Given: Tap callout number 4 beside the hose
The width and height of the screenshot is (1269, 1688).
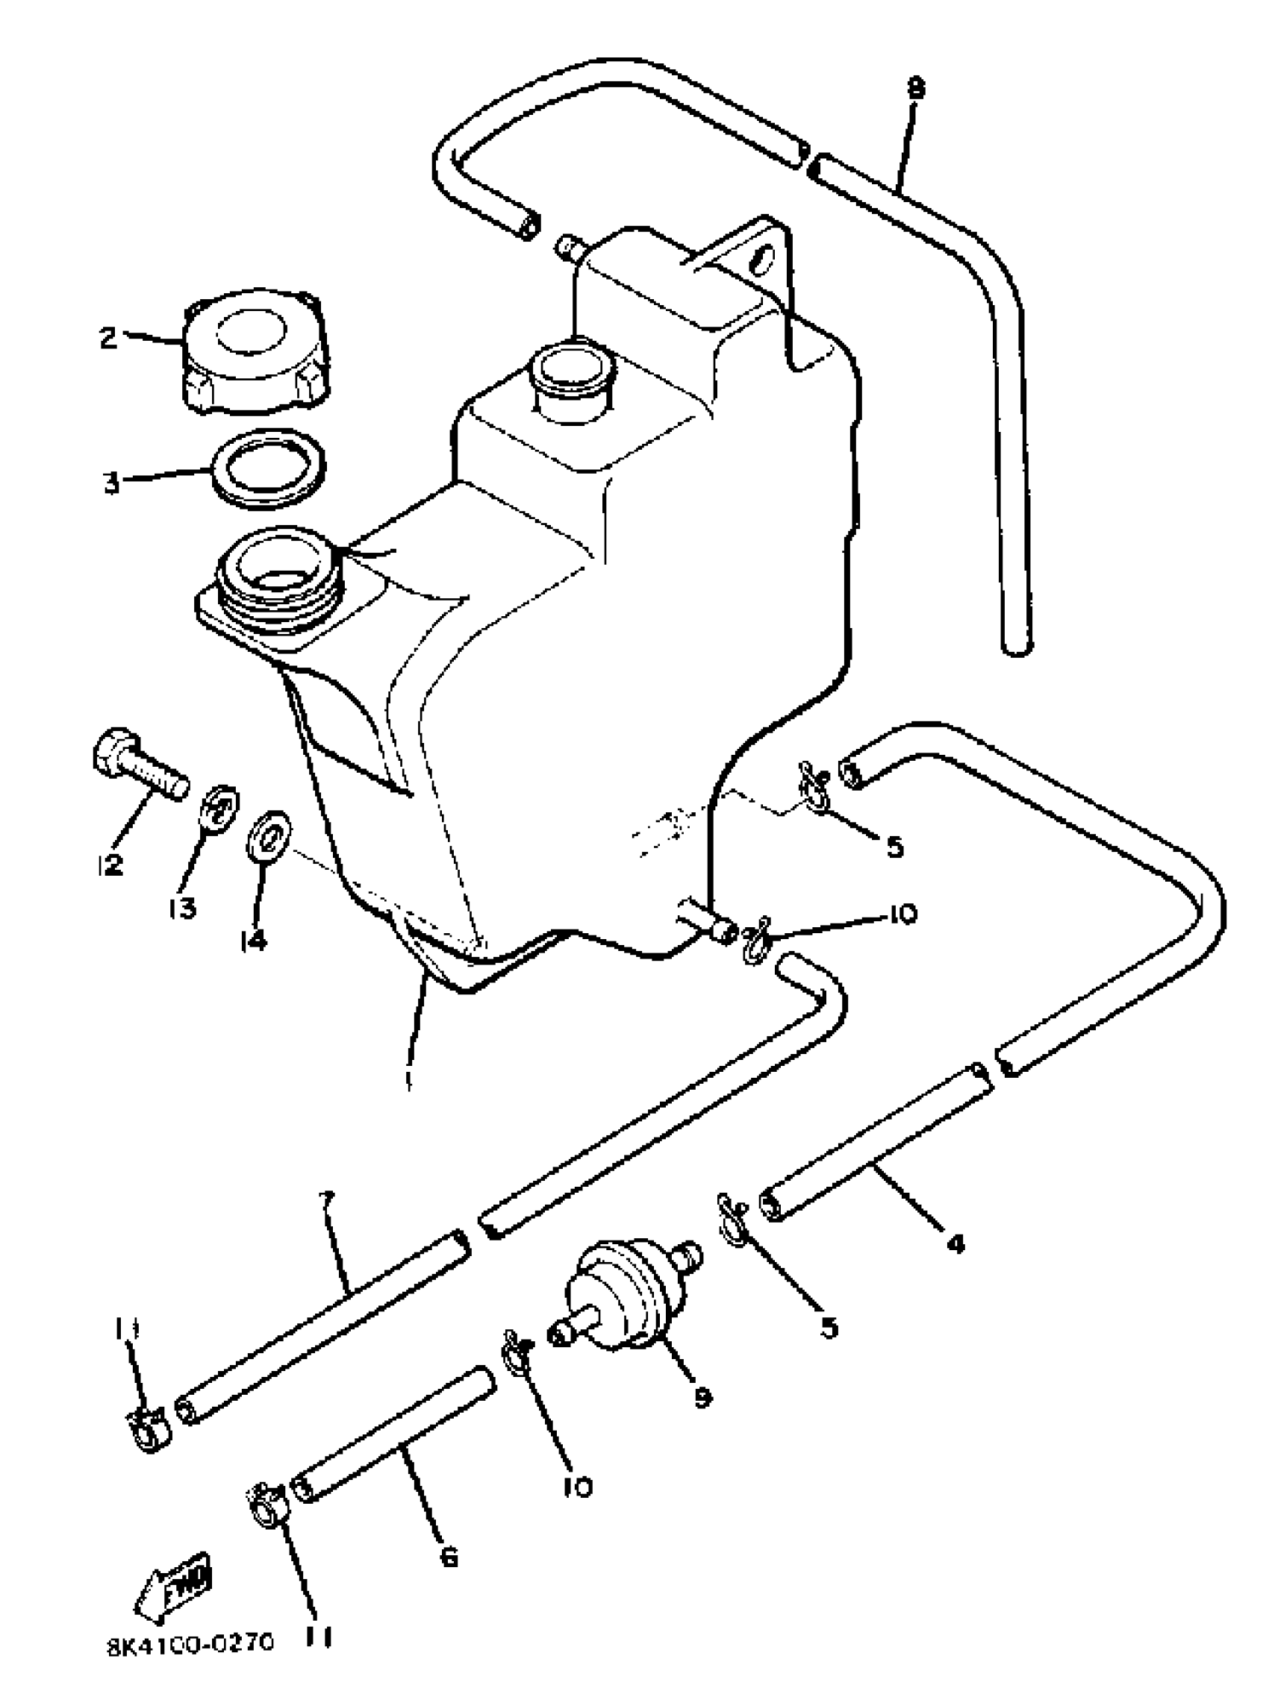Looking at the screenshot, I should tap(955, 1244).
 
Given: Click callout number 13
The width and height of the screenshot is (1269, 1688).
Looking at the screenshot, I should tap(183, 908).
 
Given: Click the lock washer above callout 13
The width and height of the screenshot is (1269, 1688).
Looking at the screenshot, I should tap(219, 809).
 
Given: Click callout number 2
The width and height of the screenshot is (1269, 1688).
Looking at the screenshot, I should tap(108, 336).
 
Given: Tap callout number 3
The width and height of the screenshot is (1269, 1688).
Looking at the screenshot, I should tap(111, 483).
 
